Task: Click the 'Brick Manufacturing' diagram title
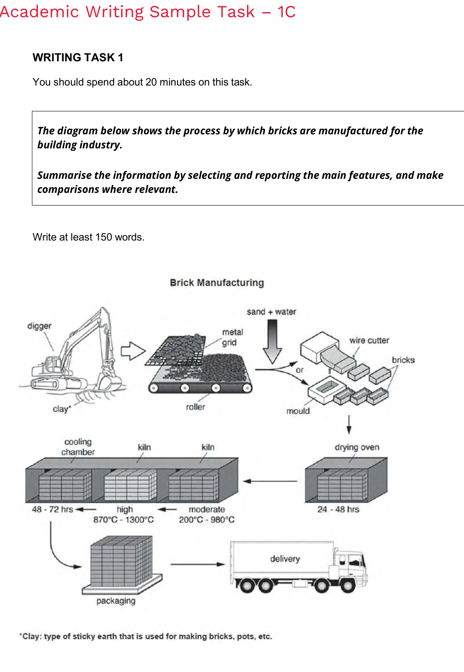click(217, 283)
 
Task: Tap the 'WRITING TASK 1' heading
click(78, 57)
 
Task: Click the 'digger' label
click(39, 326)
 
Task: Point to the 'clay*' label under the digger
click(62, 409)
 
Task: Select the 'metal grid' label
click(233, 337)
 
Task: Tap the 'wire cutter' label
click(369, 340)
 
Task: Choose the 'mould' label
click(298, 411)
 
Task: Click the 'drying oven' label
click(357, 447)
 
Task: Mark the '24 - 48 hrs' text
click(338, 510)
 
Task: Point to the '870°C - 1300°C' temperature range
click(123, 520)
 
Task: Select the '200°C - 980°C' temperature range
click(207, 520)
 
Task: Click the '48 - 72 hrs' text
click(53, 510)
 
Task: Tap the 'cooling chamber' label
click(78, 447)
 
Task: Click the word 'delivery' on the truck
click(285, 559)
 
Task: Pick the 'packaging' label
click(116, 601)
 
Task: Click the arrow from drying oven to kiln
click(270, 481)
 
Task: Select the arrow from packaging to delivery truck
click(198, 564)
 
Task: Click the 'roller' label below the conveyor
click(196, 407)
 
